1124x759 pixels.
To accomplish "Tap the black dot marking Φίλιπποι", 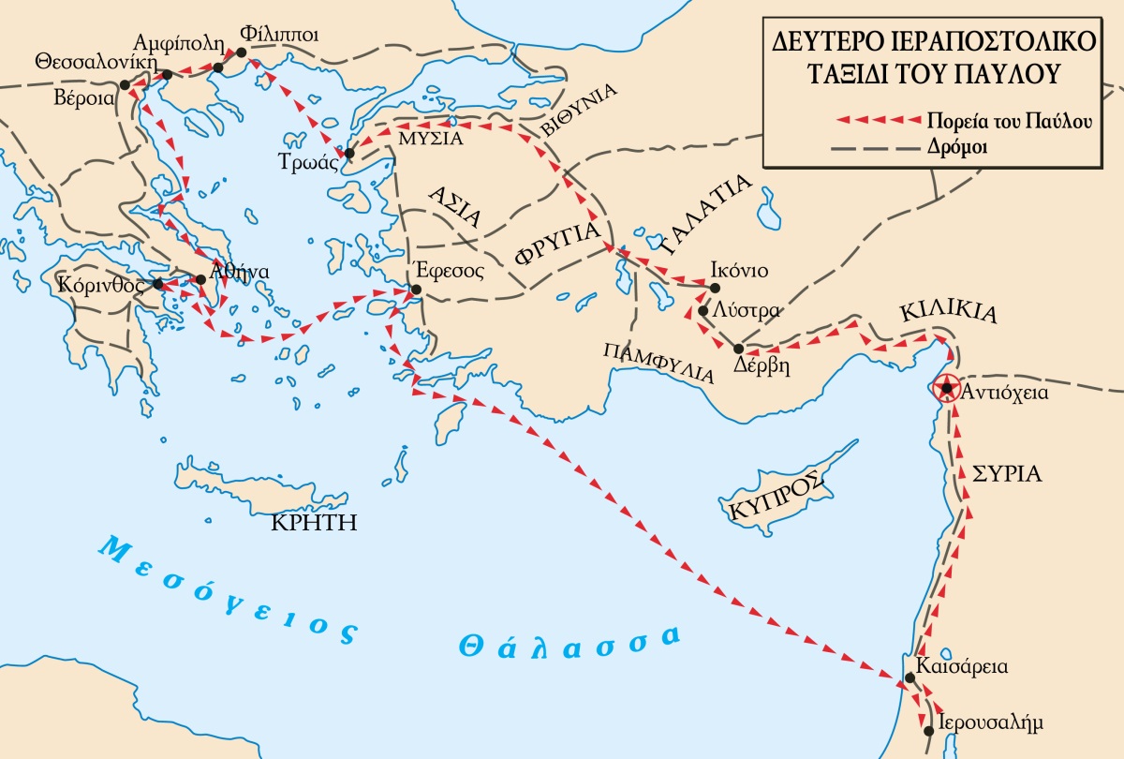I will point(243,52).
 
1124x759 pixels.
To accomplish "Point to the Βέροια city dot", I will point(125,84).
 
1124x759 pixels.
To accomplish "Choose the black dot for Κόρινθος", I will point(158,283).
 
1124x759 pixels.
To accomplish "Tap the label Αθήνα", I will point(240,272).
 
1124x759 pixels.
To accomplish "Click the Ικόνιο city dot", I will point(715,288).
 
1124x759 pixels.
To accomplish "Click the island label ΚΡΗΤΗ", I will point(314,522).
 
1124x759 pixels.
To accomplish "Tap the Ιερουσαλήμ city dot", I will point(927,730).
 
